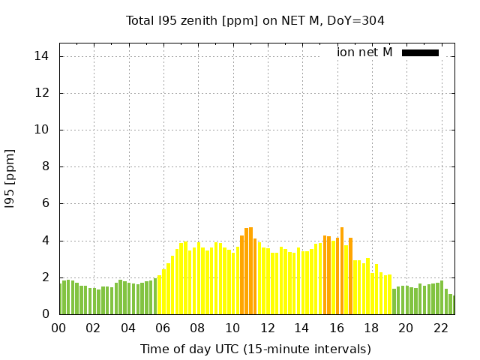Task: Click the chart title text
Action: coord(255,21)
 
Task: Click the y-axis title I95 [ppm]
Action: coord(10,178)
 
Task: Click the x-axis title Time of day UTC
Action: coord(255,349)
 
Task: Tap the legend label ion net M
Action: coord(364,52)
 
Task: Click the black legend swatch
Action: coord(420,52)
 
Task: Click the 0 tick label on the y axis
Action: coord(46,314)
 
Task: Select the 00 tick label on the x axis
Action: coord(58,328)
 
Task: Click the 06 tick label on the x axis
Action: coord(163,328)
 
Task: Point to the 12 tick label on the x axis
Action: coord(267,328)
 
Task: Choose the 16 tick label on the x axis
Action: coord(336,328)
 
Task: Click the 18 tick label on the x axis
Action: coord(371,328)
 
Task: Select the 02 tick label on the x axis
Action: coord(93,328)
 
